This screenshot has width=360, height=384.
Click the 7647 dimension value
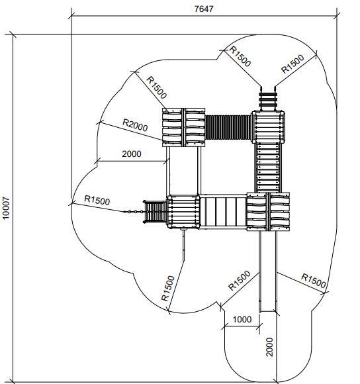pyautogui.click(x=204, y=9)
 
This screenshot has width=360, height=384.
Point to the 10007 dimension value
pyautogui.click(x=6, y=208)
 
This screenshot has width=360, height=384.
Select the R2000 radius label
pyautogui.click(x=135, y=125)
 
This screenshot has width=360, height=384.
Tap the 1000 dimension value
pyautogui.click(x=242, y=319)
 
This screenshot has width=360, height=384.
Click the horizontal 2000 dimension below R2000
pyautogui.click(x=132, y=154)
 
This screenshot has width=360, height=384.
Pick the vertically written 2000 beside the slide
pyautogui.click(x=269, y=347)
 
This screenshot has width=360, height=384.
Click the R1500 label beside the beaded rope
pyautogui.click(x=97, y=200)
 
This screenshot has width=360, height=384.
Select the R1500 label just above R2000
pyautogui.click(x=157, y=87)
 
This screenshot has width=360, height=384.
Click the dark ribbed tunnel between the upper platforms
pyautogui.click(x=228, y=127)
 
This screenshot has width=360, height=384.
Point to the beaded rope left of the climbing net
pyautogui.click(x=134, y=211)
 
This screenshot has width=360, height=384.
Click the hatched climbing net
pyautogui.click(x=155, y=212)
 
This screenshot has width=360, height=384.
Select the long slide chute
pyautogui.click(x=268, y=271)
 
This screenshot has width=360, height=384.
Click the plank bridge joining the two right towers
pyautogui.click(x=268, y=168)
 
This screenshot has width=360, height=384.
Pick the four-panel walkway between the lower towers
pyautogui.click(x=223, y=212)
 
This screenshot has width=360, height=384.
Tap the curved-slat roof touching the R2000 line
pyautogui.click(x=183, y=127)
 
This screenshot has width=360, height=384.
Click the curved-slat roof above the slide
pyautogui.click(x=268, y=212)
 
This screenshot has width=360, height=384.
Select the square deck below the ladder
pyautogui.click(x=268, y=126)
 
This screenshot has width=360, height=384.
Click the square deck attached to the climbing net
pyautogui.click(x=183, y=212)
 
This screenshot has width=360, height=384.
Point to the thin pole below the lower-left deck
pyautogui.click(x=183, y=246)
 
